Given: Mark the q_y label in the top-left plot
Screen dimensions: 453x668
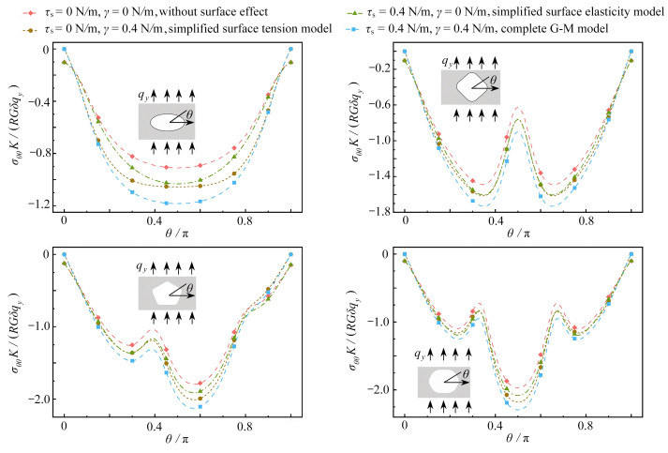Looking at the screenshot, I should [143, 95].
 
